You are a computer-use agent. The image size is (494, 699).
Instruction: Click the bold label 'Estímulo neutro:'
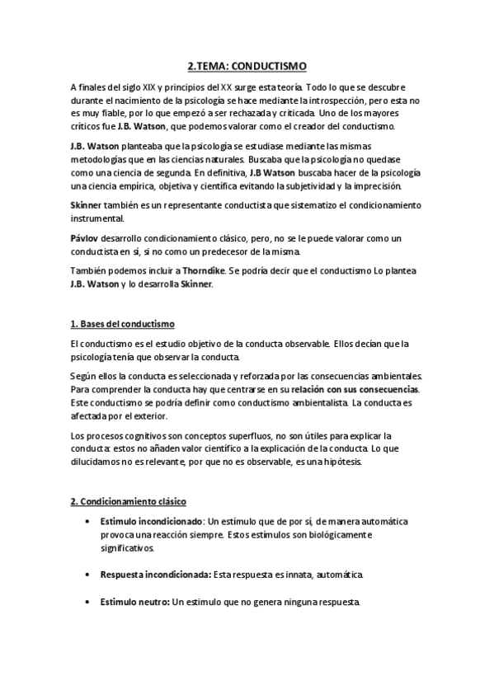click(x=134, y=603)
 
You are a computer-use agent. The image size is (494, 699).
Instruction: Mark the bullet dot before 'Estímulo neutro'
click(x=87, y=603)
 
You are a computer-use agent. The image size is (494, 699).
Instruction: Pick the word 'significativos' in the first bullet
click(x=128, y=547)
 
